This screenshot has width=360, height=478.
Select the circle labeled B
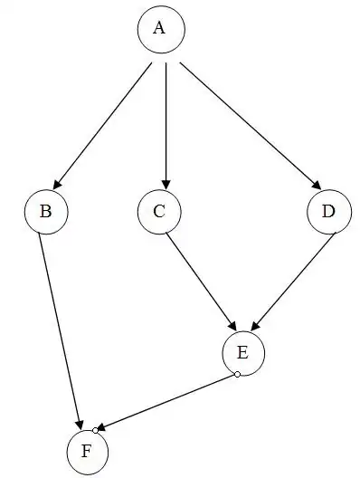pos(45,212)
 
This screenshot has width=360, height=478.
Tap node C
pos(160,212)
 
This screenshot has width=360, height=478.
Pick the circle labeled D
pos(328,212)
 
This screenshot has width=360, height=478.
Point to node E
pos(244,351)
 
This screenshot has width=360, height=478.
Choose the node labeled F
pos(87,450)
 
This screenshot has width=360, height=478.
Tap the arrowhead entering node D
pos(316,186)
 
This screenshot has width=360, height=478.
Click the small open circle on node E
pos(236,374)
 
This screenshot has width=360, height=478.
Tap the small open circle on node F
pos(95,429)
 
